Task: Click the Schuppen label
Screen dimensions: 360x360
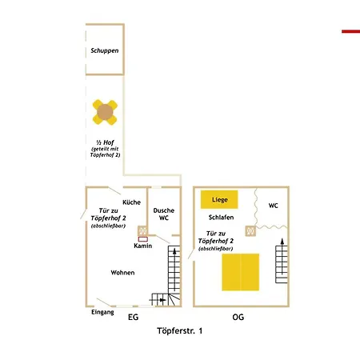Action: (105, 50)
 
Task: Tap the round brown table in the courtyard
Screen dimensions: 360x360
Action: (105, 112)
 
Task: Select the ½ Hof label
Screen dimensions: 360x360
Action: (105, 142)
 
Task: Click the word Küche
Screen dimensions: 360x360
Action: (131, 202)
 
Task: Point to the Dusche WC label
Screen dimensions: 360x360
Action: (164, 214)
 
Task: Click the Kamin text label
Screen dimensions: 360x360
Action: (143, 246)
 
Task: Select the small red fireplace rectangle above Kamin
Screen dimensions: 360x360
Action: (143, 239)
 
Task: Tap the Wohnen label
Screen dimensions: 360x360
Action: (122, 273)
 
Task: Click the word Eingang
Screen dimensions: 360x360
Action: (102, 312)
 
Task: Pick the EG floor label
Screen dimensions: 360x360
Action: (134, 317)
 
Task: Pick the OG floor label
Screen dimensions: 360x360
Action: (238, 317)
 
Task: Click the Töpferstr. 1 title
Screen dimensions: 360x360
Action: (180, 331)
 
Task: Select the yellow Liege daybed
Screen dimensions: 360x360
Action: (219, 199)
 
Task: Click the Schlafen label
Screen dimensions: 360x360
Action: (221, 218)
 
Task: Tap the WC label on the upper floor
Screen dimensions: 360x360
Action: (273, 206)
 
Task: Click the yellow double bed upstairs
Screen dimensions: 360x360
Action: (241, 272)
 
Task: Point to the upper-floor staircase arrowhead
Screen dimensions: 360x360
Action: (282, 242)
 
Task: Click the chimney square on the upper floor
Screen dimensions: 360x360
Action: (250, 231)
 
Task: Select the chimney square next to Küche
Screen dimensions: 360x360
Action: (142, 230)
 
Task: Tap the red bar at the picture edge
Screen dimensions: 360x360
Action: (351, 31)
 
